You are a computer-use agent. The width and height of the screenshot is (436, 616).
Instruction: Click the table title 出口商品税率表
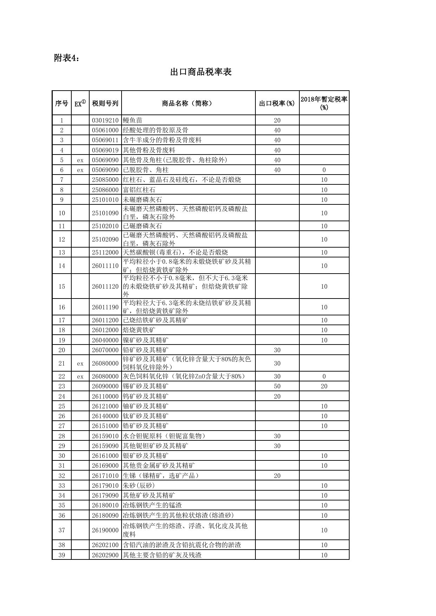click(201, 72)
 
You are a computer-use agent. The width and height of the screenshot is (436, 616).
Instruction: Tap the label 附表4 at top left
click(66, 58)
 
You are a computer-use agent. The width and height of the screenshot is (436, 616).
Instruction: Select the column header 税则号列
click(105, 103)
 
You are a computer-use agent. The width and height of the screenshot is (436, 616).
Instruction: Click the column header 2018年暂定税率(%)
click(324, 103)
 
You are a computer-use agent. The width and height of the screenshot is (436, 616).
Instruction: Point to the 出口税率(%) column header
click(277, 103)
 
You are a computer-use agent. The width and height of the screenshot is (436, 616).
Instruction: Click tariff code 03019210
click(105, 120)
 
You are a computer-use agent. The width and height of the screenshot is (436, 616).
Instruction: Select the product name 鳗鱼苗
click(132, 120)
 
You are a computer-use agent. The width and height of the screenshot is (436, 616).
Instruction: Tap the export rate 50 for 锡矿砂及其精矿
click(277, 386)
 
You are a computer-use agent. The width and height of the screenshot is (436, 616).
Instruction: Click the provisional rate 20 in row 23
click(324, 386)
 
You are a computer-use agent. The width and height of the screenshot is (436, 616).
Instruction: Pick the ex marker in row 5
click(80, 160)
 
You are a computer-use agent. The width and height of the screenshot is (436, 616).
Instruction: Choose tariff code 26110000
click(105, 397)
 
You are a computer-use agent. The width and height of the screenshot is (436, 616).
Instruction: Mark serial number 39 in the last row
click(62, 555)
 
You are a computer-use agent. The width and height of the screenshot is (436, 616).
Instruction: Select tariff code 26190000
click(105, 530)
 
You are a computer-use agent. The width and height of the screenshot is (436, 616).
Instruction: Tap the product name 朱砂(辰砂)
click(139, 486)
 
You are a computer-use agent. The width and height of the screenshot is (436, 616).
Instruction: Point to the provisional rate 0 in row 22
click(324, 376)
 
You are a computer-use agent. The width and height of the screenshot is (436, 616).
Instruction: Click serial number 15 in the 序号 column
click(62, 287)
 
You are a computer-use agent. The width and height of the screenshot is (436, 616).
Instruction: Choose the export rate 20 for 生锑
click(277, 476)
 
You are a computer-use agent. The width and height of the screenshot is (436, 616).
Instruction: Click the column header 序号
click(62, 103)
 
